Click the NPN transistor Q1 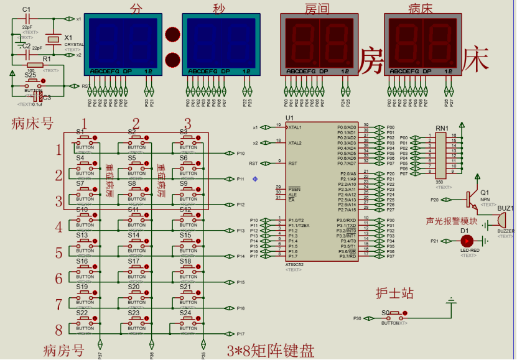tap(470, 199)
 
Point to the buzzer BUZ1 tap(501, 220)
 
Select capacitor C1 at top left tap(26, 21)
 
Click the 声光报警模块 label tap(451, 221)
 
